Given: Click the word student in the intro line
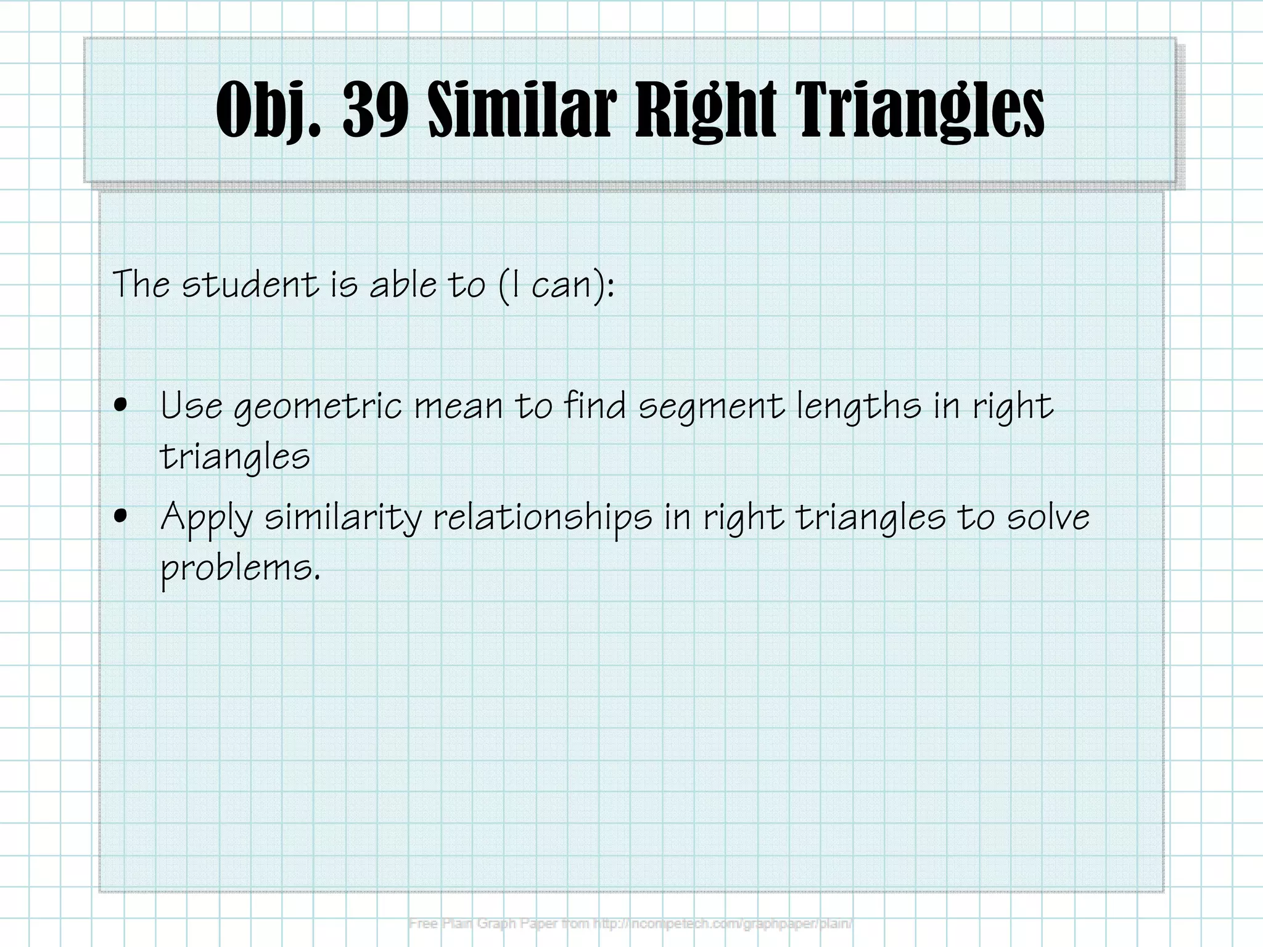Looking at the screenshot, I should click(x=250, y=285).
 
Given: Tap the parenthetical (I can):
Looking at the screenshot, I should click(x=556, y=286).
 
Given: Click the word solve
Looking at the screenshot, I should click(x=1048, y=517).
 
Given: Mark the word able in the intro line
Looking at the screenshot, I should click(x=403, y=285).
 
